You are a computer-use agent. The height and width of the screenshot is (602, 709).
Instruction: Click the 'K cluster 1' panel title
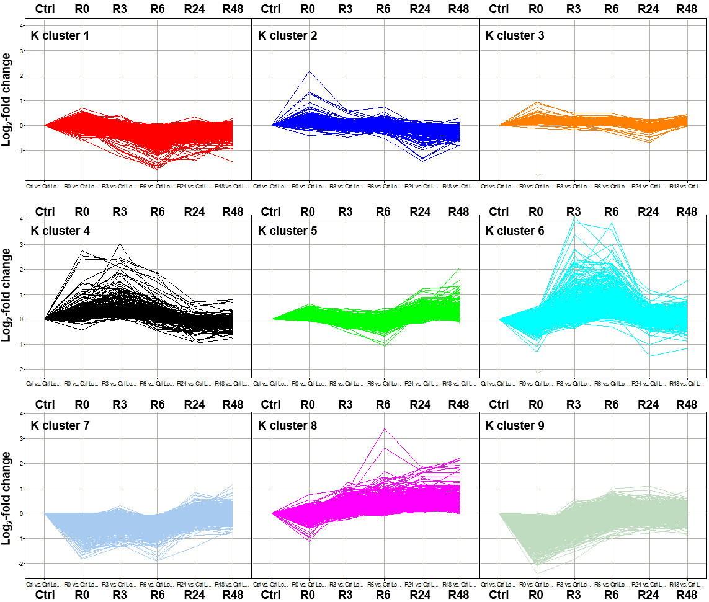[x=60, y=36]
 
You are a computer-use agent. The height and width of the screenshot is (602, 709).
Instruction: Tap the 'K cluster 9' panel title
[x=515, y=426]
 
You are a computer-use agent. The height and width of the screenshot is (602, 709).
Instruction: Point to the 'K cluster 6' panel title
[x=515, y=231]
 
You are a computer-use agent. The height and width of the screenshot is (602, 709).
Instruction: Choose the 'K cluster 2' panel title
[x=288, y=36]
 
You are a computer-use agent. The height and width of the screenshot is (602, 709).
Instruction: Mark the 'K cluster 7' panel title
[x=60, y=426]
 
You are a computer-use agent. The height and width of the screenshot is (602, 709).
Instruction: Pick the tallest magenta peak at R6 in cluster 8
[x=385, y=428]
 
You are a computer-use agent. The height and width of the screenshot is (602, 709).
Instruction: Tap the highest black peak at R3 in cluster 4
[x=120, y=244]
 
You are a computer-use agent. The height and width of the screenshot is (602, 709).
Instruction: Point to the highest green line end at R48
[x=460, y=268]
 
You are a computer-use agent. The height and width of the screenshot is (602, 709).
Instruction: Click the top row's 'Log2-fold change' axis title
[x=7, y=99]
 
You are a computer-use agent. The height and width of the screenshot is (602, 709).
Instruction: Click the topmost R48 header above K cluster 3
[x=687, y=9]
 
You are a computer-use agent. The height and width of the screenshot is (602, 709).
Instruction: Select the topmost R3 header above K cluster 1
[x=120, y=9]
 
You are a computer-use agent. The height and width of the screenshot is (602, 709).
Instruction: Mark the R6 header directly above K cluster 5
[x=383, y=211]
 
